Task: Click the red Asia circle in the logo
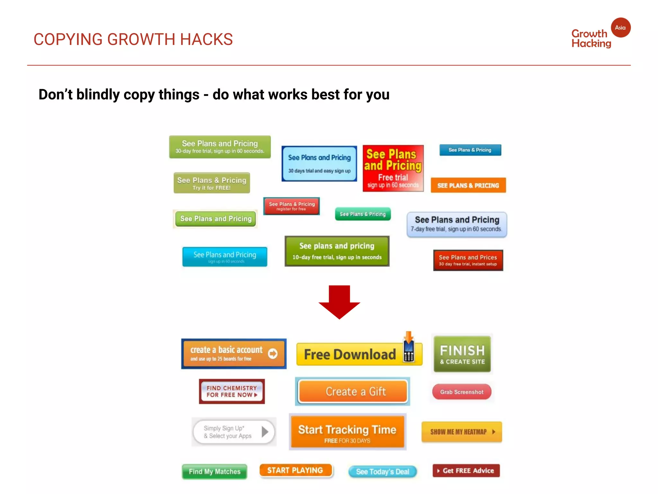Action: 620,28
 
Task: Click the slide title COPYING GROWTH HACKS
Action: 133,40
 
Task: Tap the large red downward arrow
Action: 339,302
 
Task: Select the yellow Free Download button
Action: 350,354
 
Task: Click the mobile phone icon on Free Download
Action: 409,352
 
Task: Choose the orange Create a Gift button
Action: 353,391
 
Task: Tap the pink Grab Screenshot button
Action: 462,392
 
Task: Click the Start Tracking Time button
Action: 347,432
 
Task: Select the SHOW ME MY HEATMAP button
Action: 461,432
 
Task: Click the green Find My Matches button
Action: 215,471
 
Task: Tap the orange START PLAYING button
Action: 295,471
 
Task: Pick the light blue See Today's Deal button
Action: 382,471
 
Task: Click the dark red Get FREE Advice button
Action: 466,471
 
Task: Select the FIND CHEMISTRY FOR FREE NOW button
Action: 232,391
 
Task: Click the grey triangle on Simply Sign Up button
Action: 265,432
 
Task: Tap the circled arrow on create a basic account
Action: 273,353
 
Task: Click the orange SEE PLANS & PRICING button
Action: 468,185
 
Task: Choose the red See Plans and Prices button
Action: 468,260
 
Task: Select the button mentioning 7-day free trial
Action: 457,224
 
